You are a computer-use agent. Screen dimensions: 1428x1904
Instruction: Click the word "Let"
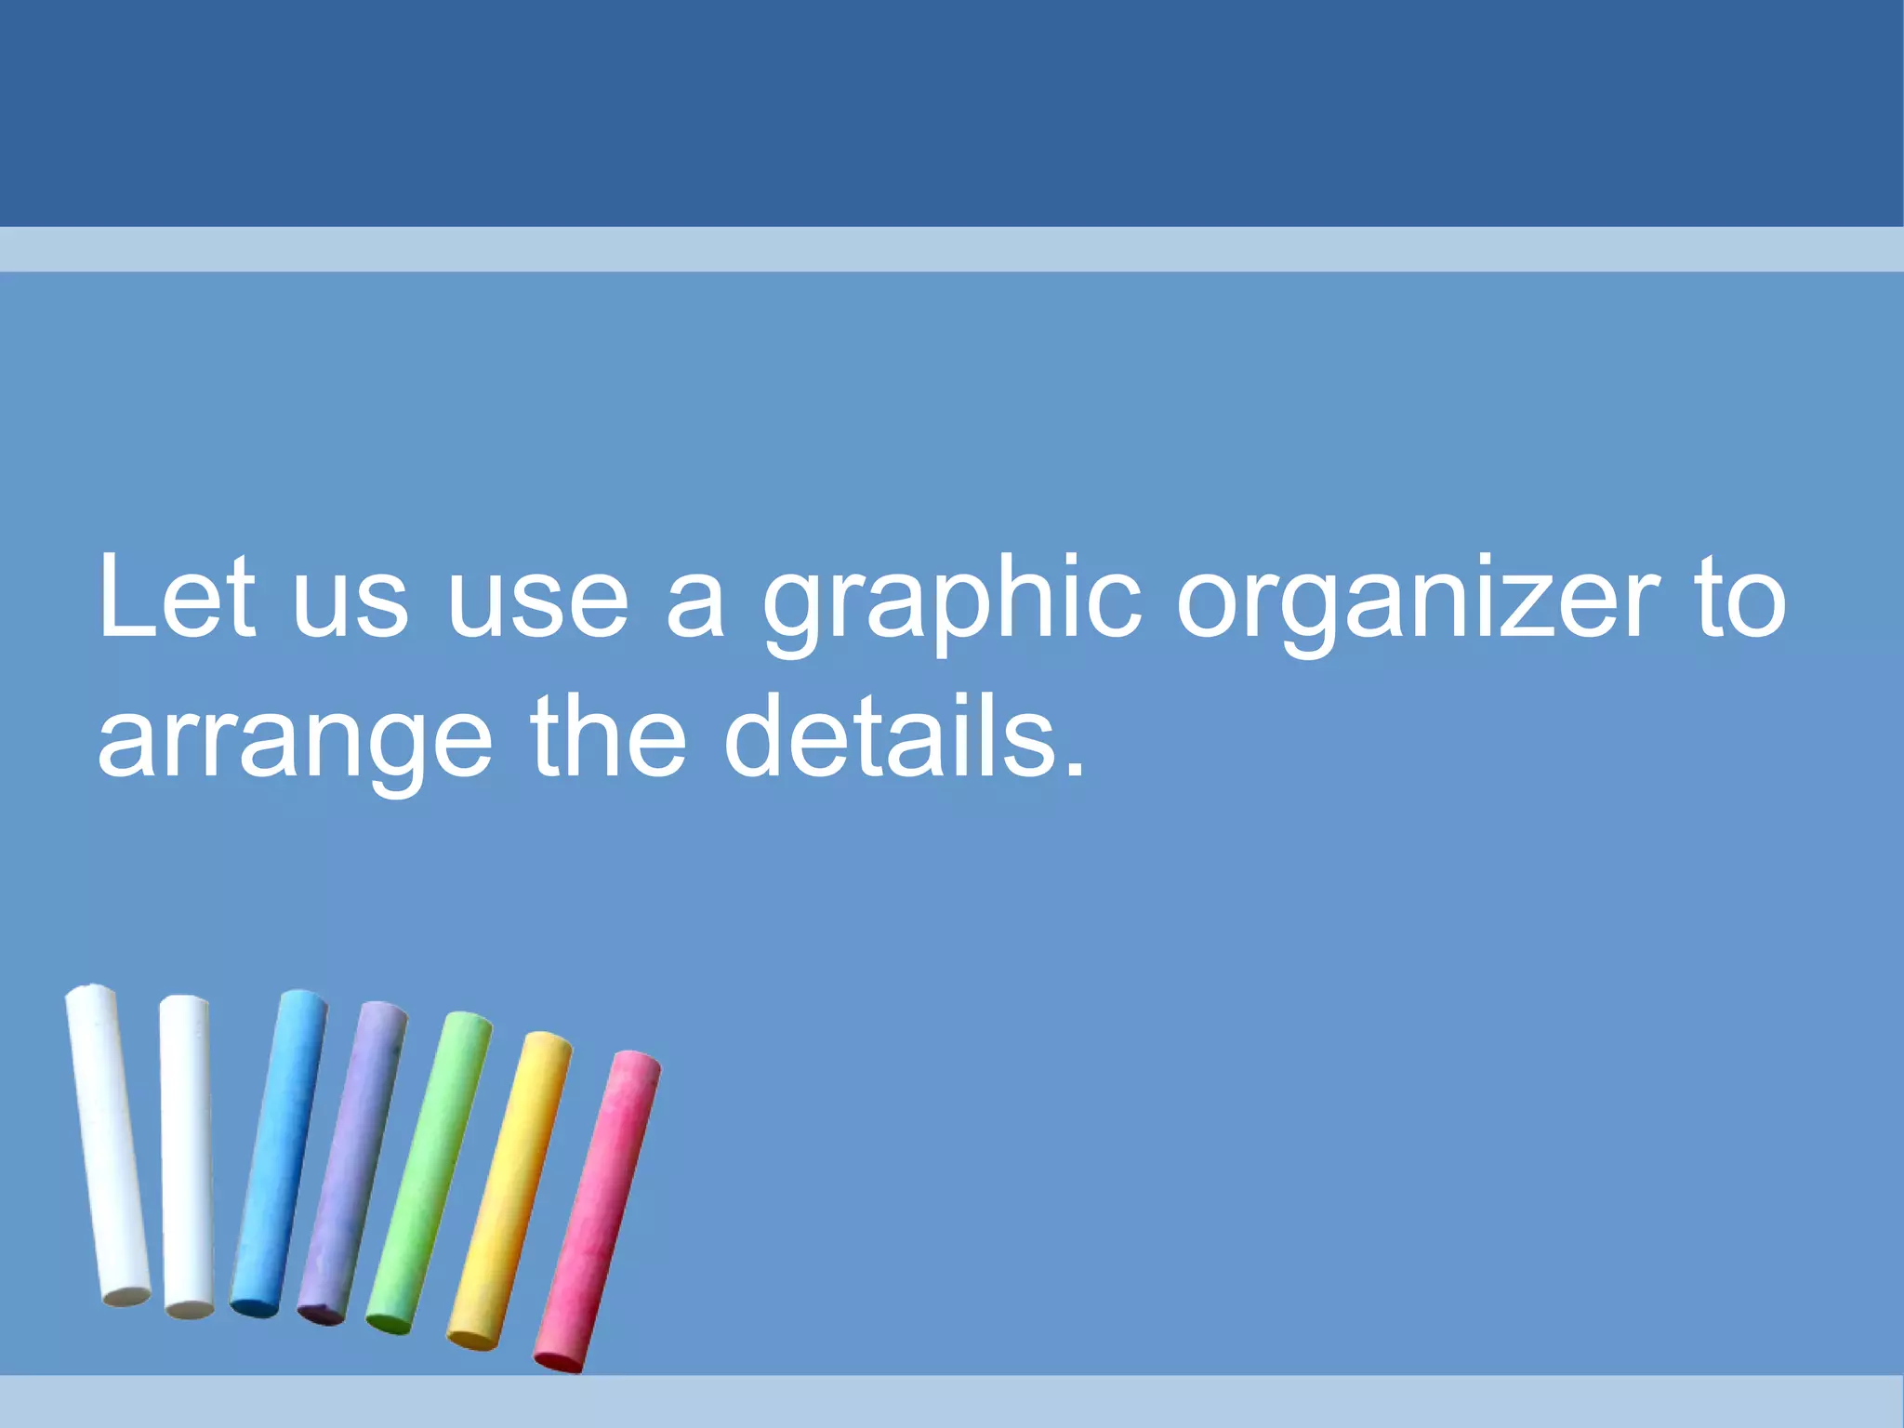pyautogui.click(x=176, y=597)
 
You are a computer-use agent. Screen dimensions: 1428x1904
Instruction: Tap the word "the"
pyautogui.click(x=609, y=736)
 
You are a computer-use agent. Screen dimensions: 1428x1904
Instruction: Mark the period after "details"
pyautogui.click(x=1075, y=768)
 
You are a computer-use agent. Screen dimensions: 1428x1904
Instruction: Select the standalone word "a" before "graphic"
pyautogui.click(x=695, y=609)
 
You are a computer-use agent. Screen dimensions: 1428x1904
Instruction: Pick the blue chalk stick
pyautogui.click(x=279, y=1153)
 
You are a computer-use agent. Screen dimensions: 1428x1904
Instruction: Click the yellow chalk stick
pyautogui.click(x=509, y=1190)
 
